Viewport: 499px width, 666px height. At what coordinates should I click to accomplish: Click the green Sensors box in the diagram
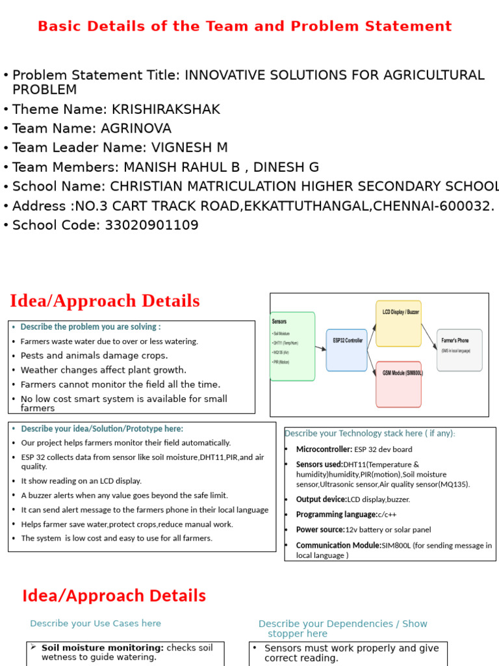coord(292,346)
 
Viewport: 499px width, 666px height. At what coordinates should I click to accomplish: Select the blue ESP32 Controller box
coord(346,350)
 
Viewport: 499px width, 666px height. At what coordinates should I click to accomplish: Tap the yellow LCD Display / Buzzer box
coord(398,323)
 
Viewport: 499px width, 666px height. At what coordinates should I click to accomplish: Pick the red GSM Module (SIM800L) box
coord(398,384)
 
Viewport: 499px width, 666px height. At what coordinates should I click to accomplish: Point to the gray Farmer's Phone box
coord(459,350)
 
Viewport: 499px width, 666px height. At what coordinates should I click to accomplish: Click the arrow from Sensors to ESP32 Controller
coord(320,349)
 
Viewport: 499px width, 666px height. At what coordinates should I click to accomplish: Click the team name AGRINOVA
coord(137,129)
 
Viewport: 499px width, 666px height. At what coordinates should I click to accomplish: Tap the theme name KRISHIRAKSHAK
coord(166,109)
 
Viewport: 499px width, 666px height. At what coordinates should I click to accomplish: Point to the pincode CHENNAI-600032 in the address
coord(436,206)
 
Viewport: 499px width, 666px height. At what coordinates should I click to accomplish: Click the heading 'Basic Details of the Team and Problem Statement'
coord(244,27)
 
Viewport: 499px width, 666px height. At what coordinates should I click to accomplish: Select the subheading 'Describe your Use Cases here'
coord(96,623)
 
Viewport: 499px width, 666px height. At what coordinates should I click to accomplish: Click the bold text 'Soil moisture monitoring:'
coord(103,648)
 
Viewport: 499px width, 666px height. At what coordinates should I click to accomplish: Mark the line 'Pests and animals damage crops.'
coord(94,356)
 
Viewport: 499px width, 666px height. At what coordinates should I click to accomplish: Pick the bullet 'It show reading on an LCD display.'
coord(81,481)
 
